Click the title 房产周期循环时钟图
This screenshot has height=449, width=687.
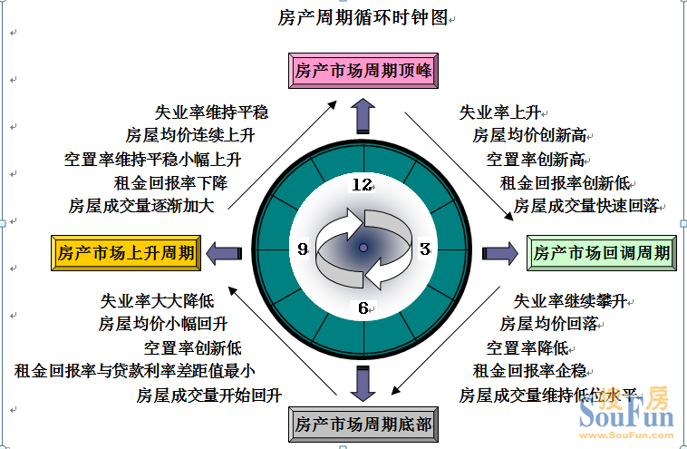[x=362, y=17]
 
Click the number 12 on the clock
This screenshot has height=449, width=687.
[x=363, y=185]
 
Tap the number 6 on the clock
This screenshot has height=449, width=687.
[x=363, y=308]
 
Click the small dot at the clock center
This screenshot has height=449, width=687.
[x=363, y=248]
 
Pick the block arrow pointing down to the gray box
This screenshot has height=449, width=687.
[x=363, y=382]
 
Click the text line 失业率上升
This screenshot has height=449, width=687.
[x=499, y=112]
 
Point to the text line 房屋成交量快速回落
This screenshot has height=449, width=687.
[x=585, y=206]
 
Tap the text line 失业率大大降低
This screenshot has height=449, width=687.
[x=157, y=300]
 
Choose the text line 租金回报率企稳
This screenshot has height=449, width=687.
[x=529, y=370]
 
